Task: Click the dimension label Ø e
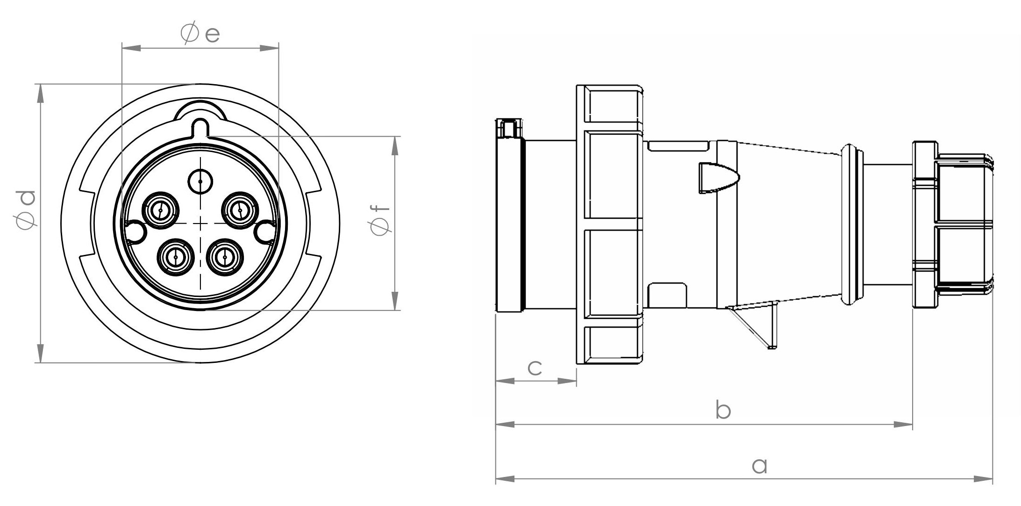pos(200,34)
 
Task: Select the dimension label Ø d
pos(25,210)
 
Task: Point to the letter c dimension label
pos(535,368)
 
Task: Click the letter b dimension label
pos(723,410)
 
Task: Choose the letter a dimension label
pos(759,465)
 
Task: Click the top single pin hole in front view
pos(200,181)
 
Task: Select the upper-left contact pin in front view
pos(160,210)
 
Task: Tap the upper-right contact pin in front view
pos(240,210)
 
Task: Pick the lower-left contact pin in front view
pos(176,257)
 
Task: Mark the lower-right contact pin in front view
pos(225,257)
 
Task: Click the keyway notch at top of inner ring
pos(200,127)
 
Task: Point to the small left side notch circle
pos(135,231)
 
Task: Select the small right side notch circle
pos(265,231)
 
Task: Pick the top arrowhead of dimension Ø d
pos(40,93)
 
